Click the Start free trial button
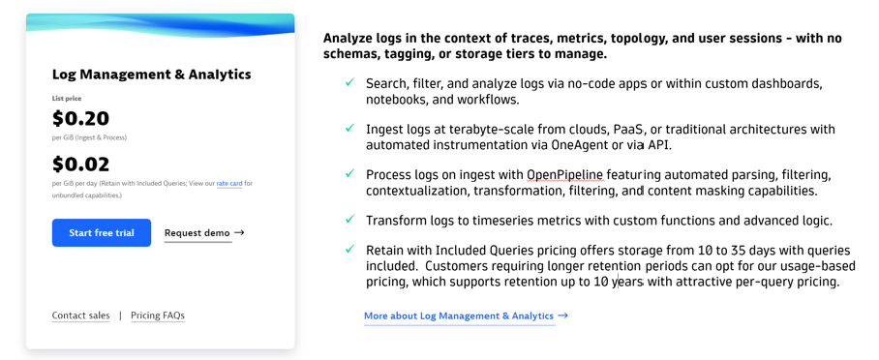102,233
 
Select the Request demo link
197,233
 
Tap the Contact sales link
80,315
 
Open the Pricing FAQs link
158,315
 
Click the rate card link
229,183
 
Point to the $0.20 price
80,119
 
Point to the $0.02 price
80,165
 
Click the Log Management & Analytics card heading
151,75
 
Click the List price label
67,99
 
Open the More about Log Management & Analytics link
459,315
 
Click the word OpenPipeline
564,175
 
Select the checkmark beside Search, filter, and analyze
349,82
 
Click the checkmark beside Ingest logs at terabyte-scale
349,128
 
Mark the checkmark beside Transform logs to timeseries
349,219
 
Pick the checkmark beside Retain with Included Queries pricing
349,249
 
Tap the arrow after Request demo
239,233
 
